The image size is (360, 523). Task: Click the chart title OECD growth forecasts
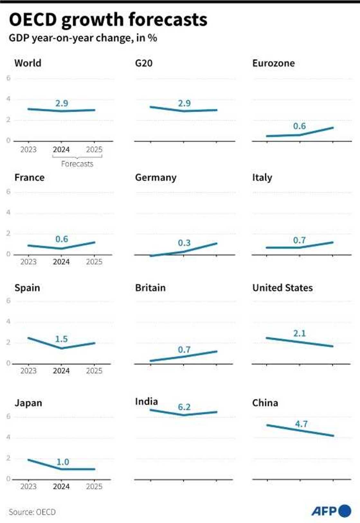tap(108, 20)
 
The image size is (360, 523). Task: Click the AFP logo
tap(331, 511)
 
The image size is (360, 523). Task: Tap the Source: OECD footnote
tap(32, 512)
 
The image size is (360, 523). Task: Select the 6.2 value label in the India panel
tap(184, 407)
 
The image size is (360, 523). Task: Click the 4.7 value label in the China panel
tap(301, 424)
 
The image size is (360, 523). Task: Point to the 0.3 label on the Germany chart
tap(184, 243)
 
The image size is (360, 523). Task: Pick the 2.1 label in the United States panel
tap(299, 333)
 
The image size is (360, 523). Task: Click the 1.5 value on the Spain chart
tap(61, 339)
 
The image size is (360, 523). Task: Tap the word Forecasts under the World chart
tap(77, 164)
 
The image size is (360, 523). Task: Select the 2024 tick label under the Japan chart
tap(61, 486)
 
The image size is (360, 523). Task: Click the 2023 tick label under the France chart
tap(28, 262)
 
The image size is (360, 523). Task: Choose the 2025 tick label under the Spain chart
tap(94, 371)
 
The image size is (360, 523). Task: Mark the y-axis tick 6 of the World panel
tap(8, 78)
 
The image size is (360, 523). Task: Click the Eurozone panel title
tap(273, 63)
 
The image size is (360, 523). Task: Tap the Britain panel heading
tap(150, 288)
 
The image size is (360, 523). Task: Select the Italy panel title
tap(262, 178)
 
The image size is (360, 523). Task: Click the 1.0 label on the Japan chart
tap(63, 462)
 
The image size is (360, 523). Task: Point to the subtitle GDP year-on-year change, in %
tap(83, 38)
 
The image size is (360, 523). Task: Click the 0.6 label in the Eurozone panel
tap(299, 126)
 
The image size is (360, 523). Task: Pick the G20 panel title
tap(144, 63)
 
